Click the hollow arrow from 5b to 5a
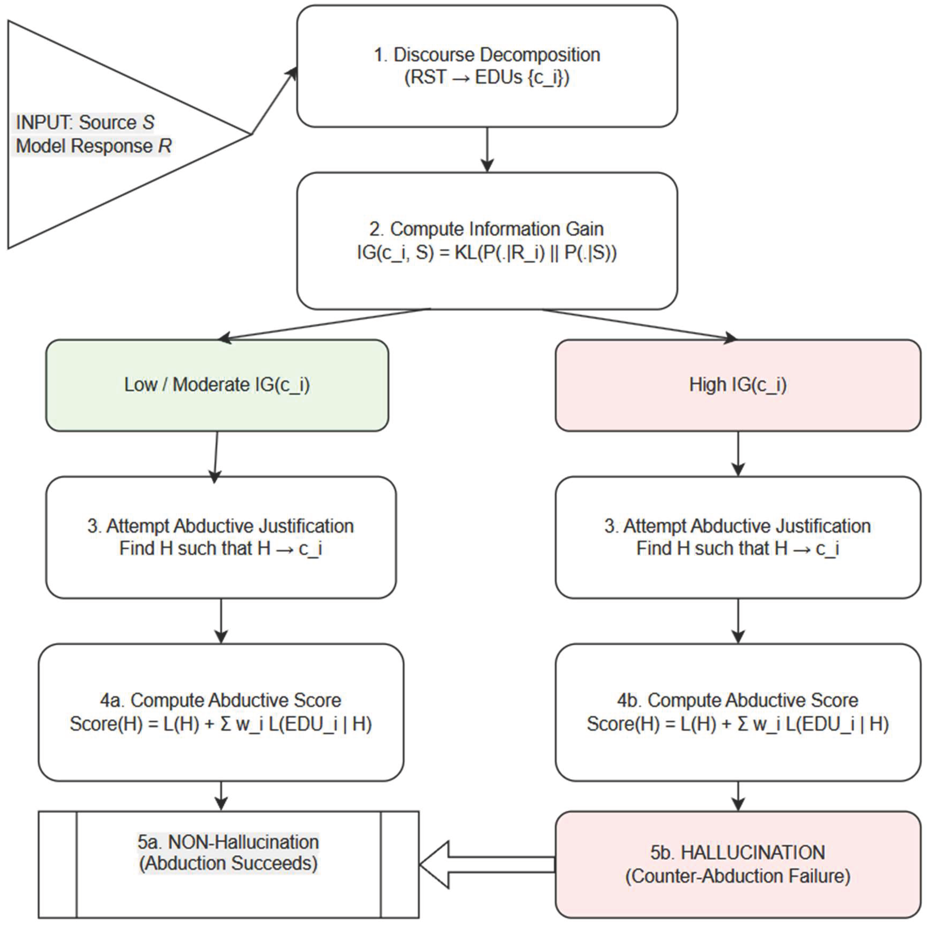(486, 864)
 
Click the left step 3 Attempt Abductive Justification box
(221, 537)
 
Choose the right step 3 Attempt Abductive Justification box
(738, 537)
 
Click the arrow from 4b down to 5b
(738, 796)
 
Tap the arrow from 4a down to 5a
(221, 796)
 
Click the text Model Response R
(94, 146)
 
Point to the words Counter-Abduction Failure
(738, 876)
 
